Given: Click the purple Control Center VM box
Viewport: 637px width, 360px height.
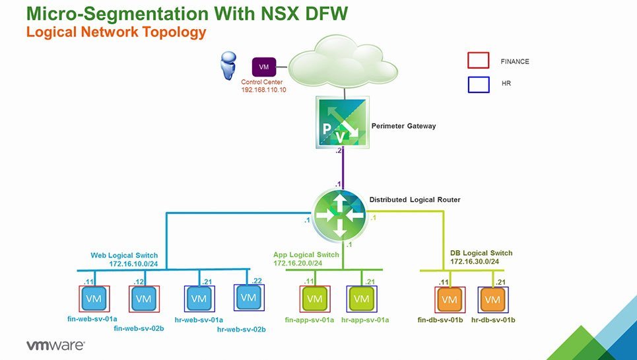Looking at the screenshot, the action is [264, 67].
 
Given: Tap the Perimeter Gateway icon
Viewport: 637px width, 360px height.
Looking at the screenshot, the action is [343, 122].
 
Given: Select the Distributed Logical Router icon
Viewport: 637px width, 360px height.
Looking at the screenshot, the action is [340, 215].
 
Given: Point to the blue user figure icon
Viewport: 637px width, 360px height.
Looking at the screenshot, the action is [228, 65].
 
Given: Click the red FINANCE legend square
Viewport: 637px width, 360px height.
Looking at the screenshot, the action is [478, 61].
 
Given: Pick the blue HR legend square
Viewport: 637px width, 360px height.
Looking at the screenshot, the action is [478, 85].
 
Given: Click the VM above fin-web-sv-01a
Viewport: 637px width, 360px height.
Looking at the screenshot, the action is [94, 299].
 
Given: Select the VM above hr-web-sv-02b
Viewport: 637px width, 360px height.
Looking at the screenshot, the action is [249, 297].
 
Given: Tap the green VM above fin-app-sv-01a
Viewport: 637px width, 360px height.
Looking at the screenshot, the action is [315, 299].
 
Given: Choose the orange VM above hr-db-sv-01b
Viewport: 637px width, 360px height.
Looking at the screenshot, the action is [493, 300].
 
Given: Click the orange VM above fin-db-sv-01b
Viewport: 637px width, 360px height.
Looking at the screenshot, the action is [450, 300].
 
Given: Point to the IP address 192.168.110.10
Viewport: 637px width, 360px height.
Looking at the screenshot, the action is [263, 90].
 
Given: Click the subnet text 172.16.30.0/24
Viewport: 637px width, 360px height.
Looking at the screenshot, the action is [475, 262].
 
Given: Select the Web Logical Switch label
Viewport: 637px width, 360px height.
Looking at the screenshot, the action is [124, 256].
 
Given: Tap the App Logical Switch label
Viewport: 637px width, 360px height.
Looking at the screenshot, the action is [306, 255].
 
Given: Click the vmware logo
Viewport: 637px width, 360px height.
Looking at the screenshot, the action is [55, 345].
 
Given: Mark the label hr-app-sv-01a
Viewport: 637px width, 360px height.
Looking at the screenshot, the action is [365, 320].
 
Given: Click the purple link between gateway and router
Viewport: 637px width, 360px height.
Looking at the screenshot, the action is [343, 168].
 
